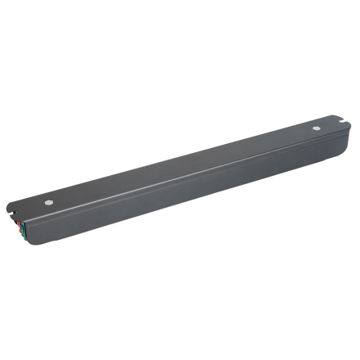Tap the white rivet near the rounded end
(316, 128)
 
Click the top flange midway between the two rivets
(182, 164)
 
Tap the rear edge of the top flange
(180, 147)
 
